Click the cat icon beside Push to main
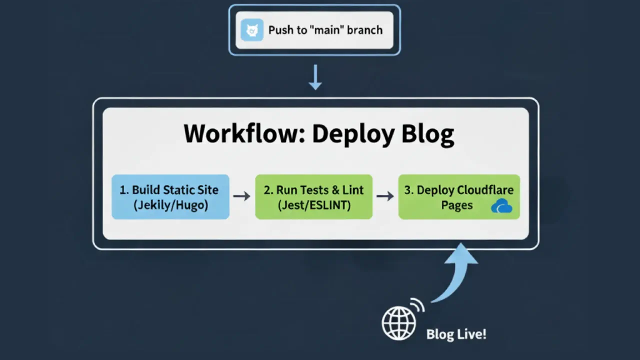(x=251, y=30)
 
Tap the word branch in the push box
(x=365, y=30)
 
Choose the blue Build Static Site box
(x=170, y=196)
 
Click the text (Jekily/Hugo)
(x=170, y=205)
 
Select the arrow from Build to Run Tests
(x=241, y=196)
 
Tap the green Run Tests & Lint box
(x=313, y=196)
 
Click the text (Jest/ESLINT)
(x=314, y=205)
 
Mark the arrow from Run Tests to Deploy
(x=385, y=196)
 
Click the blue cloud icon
(x=501, y=206)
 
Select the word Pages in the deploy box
(x=456, y=205)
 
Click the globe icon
(x=398, y=323)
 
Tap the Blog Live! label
(x=456, y=334)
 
